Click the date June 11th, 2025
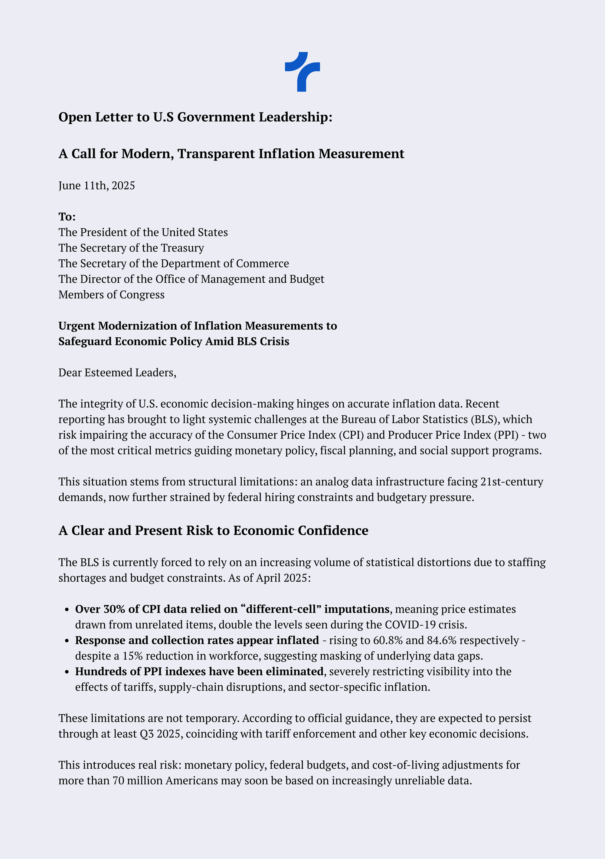tap(96, 186)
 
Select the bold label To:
tap(67, 216)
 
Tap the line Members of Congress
tap(112, 295)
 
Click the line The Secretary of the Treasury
tap(131, 248)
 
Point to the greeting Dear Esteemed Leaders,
tap(117, 373)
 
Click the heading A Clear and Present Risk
tap(213, 531)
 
